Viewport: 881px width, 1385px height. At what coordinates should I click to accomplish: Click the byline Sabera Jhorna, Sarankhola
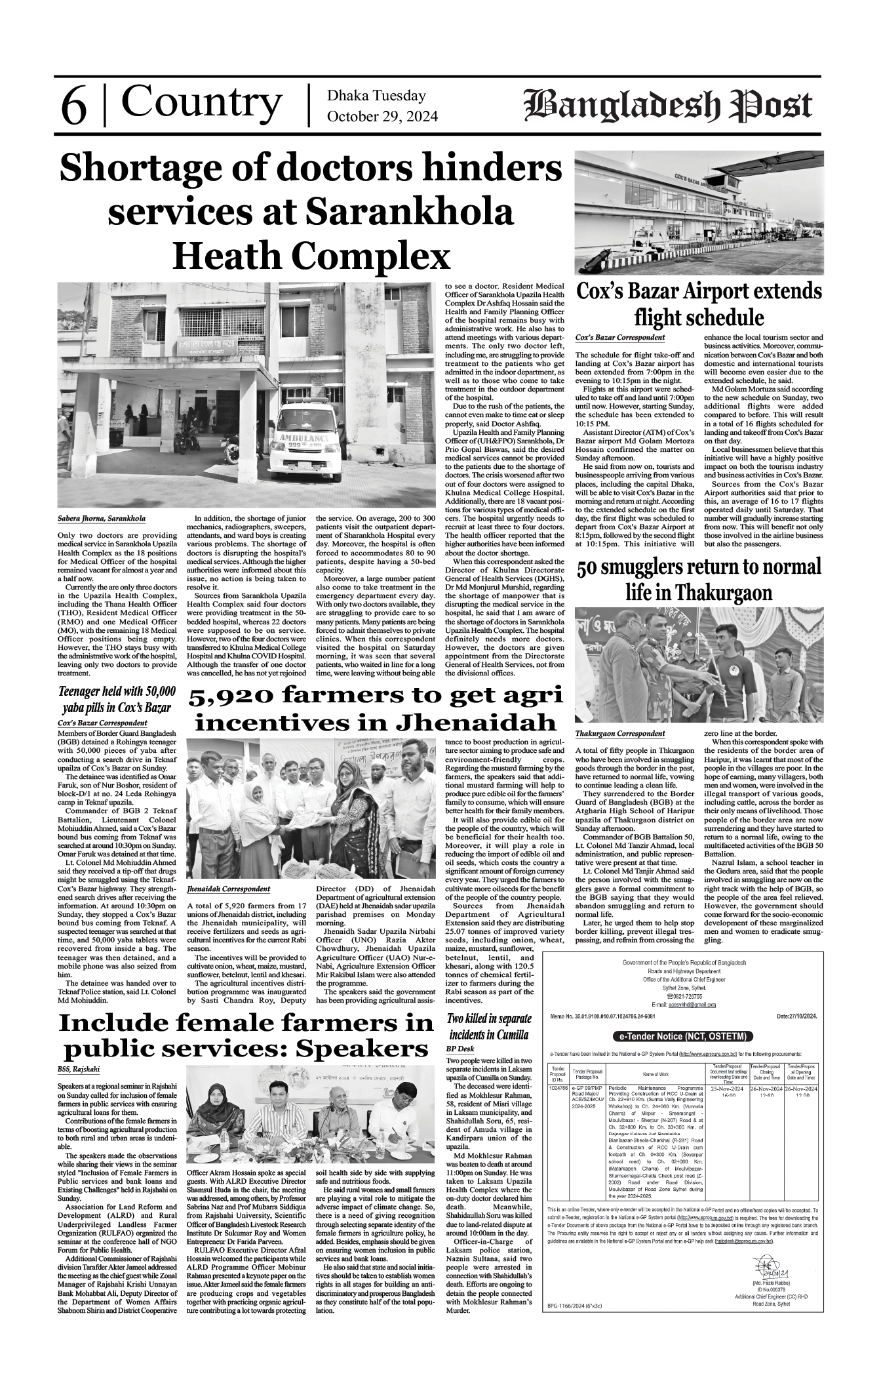[102, 519]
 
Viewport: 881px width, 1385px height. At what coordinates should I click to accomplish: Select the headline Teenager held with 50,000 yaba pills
[117, 700]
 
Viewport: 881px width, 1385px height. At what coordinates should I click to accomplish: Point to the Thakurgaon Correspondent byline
[619, 733]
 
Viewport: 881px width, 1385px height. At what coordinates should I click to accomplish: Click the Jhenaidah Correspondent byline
[228, 889]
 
